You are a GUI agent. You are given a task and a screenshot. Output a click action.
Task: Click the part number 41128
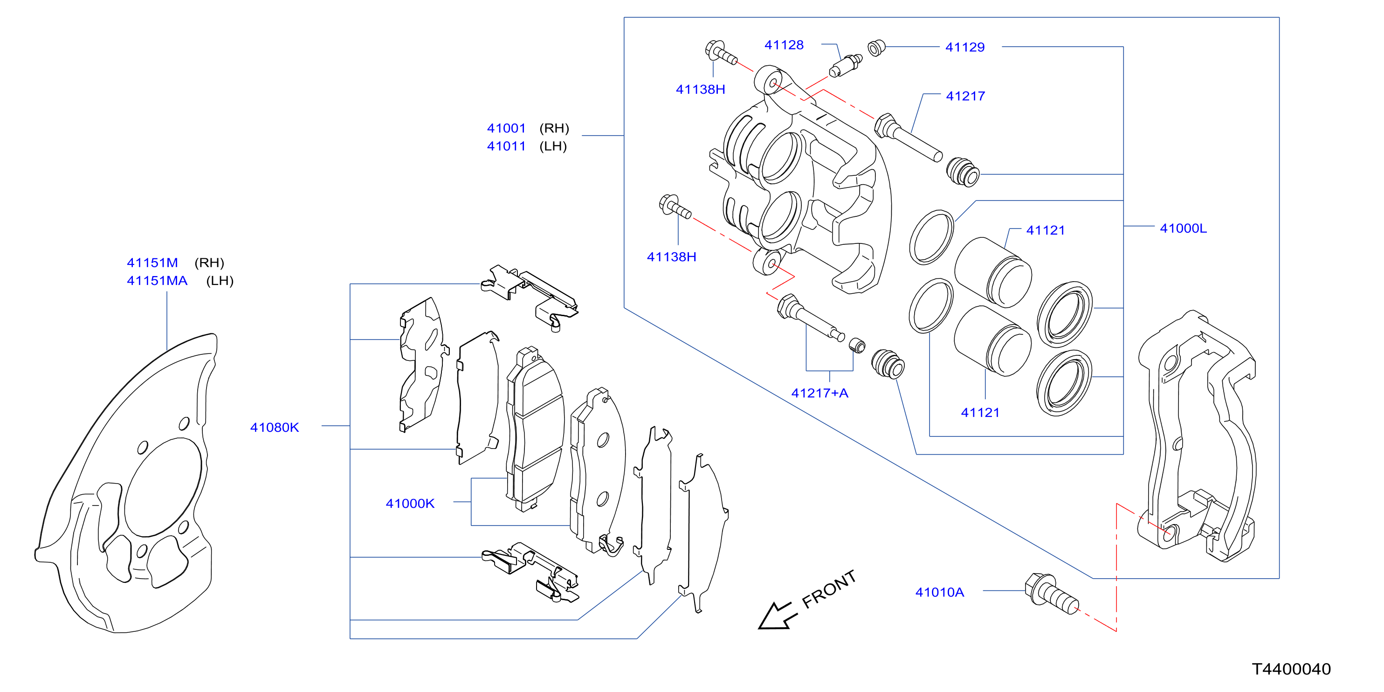click(784, 45)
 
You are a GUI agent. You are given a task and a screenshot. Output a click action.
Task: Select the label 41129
click(965, 47)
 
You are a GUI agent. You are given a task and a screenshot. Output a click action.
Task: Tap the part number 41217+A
click(819, 393)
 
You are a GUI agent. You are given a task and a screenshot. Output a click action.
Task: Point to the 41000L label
click(1183, 228)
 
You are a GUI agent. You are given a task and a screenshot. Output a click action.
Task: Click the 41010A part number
click(940, 592)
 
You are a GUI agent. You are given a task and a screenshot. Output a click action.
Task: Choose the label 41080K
click(275, 427)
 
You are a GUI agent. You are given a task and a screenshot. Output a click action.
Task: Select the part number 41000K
click(410, 504)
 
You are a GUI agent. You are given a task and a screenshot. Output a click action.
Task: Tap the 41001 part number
click(506, 128)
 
